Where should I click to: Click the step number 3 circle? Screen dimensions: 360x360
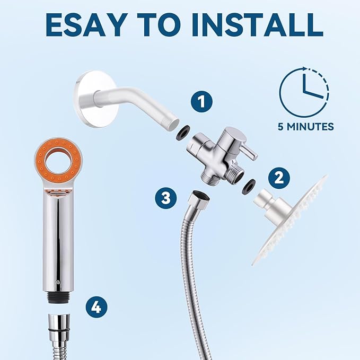[x=166, y=199]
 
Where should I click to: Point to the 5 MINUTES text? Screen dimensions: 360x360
[x=305, y=127]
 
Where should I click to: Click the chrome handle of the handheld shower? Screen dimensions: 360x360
[x=58, y=239]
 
